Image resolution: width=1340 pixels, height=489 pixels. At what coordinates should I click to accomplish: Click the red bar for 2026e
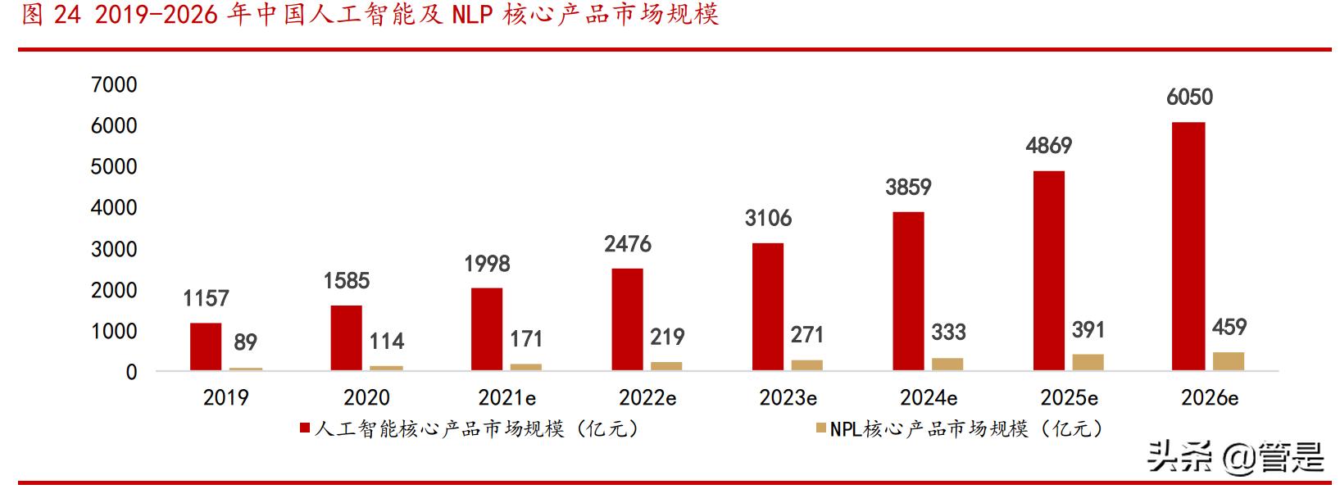point(1188,246)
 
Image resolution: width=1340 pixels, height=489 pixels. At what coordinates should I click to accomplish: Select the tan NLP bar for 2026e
point(1228,361)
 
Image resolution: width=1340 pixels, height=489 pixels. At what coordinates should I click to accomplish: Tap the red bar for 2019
point(206,346)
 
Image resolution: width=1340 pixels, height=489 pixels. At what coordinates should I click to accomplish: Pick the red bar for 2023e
point(768,306)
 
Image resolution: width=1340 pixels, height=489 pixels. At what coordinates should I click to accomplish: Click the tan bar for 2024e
point(947,364)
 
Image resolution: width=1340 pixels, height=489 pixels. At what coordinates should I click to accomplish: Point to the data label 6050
point(1189,97)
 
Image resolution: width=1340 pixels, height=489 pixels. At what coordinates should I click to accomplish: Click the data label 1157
point(206,298)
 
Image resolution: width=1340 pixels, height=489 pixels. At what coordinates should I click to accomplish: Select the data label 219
point(666,337)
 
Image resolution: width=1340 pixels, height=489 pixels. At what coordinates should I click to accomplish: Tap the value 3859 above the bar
point(908,188)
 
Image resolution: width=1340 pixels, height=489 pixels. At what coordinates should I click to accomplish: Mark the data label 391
point(1088,330)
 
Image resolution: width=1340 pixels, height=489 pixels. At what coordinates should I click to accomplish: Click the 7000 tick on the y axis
point(114,84)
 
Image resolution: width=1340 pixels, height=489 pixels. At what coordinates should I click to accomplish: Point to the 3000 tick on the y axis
point(114,249)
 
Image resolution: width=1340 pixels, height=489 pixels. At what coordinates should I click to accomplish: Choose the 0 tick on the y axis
point(131,372)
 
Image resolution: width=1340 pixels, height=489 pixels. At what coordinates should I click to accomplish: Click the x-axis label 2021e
point(506,398)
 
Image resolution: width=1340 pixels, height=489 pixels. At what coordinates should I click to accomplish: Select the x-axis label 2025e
point(1069,398)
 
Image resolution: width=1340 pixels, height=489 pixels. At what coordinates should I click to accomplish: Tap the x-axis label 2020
point(366,398)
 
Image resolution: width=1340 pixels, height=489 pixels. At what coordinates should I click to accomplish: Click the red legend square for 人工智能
point(304,428)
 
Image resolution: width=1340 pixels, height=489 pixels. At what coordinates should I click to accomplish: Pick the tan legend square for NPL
point(821,428)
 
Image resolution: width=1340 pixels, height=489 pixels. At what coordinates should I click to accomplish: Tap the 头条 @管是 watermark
point(1235,457)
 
